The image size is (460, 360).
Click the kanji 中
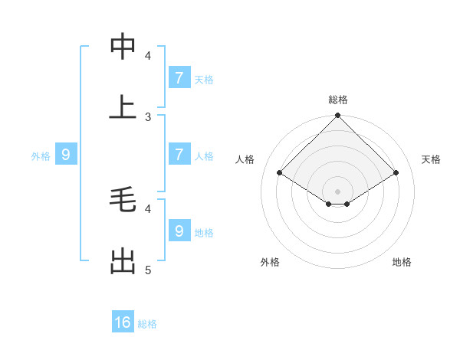click(123, 47)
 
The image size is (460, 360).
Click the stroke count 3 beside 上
click(148, 116)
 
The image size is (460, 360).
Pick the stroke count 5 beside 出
click(148, 270)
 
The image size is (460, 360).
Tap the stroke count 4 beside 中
click(148, 55)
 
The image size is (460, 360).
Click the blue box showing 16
click(123, 322)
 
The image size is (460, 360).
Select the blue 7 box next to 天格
click(179, 77)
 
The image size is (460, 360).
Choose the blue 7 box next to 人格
click(179, 155)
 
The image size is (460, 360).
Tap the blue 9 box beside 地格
click(179, 231)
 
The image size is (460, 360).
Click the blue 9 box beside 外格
click(66, 155)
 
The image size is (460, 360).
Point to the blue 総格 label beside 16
click(147, 324)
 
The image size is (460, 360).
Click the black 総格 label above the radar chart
click(338, 100)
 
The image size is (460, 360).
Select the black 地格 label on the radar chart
click(402, 262)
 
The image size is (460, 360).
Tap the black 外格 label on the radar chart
click(270, 262)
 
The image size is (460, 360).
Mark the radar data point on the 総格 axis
click(338, 116)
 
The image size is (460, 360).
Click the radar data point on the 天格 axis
click(396, 173)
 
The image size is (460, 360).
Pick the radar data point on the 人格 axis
click(280, 173)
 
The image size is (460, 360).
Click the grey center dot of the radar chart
click(338, 191)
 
